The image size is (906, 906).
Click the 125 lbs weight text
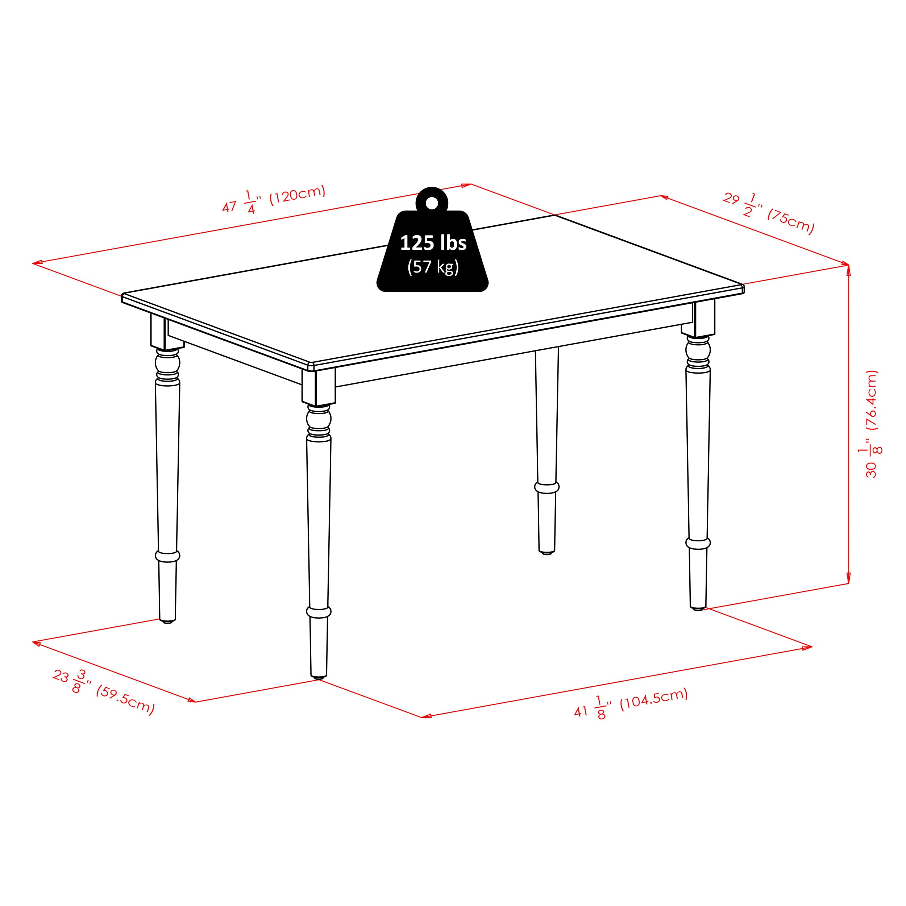pos(433,243)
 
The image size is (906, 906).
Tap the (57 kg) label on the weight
pos(433,267)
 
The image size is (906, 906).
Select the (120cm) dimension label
pos(297,195)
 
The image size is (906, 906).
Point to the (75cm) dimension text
pos(791,220)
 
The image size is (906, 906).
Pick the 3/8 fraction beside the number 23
pos(79,681)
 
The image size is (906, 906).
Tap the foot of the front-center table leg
pos(319,677)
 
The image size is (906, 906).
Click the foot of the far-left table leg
pos(167,622)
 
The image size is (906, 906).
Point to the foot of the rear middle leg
pos(546,553)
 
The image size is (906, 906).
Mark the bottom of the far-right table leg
pos(698,609)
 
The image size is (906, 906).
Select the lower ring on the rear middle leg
pos(546,487)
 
